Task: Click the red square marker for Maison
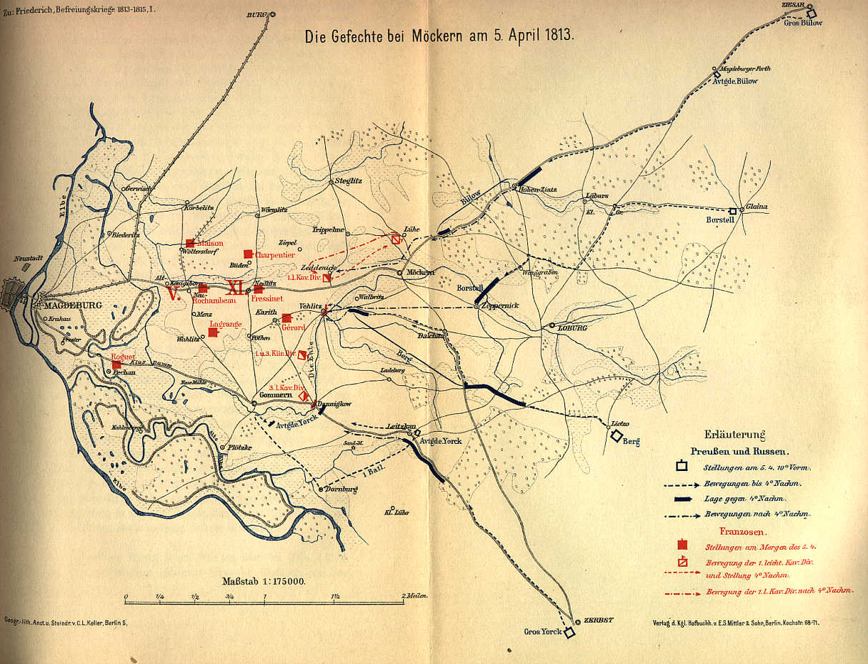pos(190,243)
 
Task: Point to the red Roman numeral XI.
pos(236,288)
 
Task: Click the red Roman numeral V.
pos(172,292)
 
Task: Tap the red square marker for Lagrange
pos(213,332)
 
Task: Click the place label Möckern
pos(421,273)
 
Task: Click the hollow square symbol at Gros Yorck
pos(569,633)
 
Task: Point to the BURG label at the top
pos(256,14)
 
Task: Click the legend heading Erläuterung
pos(735,434)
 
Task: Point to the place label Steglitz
pos(350,181)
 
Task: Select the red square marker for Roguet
pos(116,365)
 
